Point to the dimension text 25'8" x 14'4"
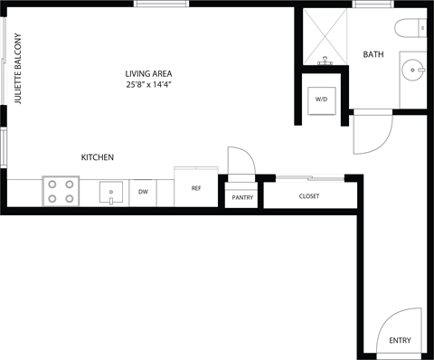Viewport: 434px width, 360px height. pyautogui.click(x=149, y=84)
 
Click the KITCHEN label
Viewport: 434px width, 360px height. pyautogui.click(x=97, y=157)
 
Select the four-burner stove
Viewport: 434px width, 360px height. pyautogui.click(x=61, y=191)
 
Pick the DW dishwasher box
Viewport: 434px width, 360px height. pyautogui.click(x=143, y=192)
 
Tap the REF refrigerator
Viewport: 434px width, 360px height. pyautogui.click(x=195, y=188)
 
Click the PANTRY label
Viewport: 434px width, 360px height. pyautogui.click(x=242, y=196)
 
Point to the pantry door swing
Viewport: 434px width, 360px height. pyautogui.click(x=241, y=161)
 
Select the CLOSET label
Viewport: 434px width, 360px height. pyautogui.click(x=309, y=195)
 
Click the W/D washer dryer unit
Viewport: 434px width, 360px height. pyautogui.click(x=321, y=99)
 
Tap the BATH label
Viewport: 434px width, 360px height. pyautogui.click(x=373, y=55)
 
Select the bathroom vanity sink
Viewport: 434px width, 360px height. pyautogui.click(x=415, y=68)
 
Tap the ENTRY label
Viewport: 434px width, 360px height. pyautogui.click(x=400, y=340)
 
